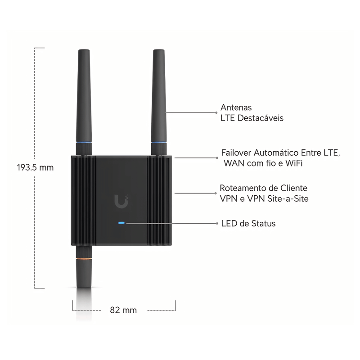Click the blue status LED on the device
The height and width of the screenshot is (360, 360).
tap(121, 223)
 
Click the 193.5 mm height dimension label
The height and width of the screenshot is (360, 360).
tap(35, 167)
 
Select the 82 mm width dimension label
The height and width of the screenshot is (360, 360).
tap(123, 310)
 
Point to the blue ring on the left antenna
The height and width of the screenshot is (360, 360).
tap(84, 143)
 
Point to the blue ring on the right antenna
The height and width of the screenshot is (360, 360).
tap(159, 143)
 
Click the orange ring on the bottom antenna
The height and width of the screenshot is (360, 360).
tap(84, 258)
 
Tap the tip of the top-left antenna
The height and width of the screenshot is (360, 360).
tap(84, 50)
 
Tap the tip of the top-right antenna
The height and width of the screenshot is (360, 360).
tap(159, 50)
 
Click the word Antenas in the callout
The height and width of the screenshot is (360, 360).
tap(236, 107)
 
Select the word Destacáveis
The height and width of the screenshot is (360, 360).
tap(261, 118)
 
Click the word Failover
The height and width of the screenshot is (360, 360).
tap(236, 153)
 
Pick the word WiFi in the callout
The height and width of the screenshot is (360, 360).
tap(294, 163)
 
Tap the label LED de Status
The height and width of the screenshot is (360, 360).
tap(248, 223)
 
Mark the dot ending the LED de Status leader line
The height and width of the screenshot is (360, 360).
tap(217, 223)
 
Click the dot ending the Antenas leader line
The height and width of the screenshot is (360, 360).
tap(216, 112)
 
